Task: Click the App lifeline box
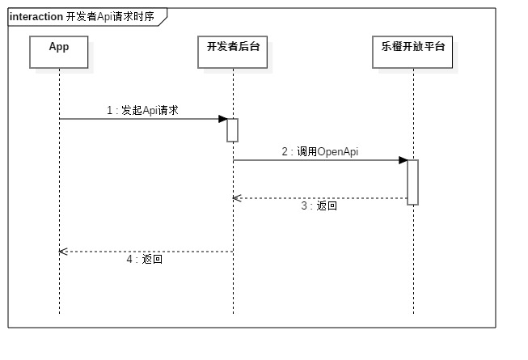pos(59,51)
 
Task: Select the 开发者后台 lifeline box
pos(233,51)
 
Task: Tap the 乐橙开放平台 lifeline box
pos(412,51)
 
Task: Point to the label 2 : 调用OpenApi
pos(319,151)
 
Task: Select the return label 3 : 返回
pos(319,206)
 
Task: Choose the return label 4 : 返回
pos(145,260)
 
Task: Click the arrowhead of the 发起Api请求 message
pos(223,119)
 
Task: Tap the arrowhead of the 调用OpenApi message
pos(403,160)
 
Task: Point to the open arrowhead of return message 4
pos(62,252)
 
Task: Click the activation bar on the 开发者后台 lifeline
pos(233,130)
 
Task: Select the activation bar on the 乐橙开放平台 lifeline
pos(412,182)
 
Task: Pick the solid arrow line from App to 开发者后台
pos(137,119)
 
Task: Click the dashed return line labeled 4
pos(146,252)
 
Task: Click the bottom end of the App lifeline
pos(59,311)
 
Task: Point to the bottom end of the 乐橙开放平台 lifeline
pos(412,311)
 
